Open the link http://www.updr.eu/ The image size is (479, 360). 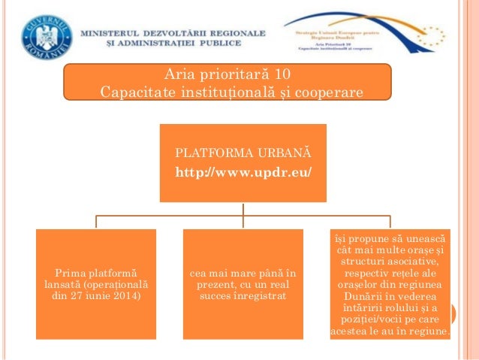pos(243,173)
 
